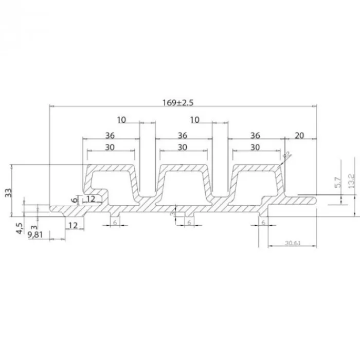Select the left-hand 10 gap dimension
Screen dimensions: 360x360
122,120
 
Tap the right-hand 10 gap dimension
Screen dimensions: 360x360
194,120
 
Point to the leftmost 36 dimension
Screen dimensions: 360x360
110,136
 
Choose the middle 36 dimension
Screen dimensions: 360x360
182,136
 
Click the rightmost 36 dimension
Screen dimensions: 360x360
255,136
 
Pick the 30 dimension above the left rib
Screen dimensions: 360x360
110,147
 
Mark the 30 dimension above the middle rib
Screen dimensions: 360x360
182,147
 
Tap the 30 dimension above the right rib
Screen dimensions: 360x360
255,147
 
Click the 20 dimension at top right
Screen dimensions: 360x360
300,136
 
